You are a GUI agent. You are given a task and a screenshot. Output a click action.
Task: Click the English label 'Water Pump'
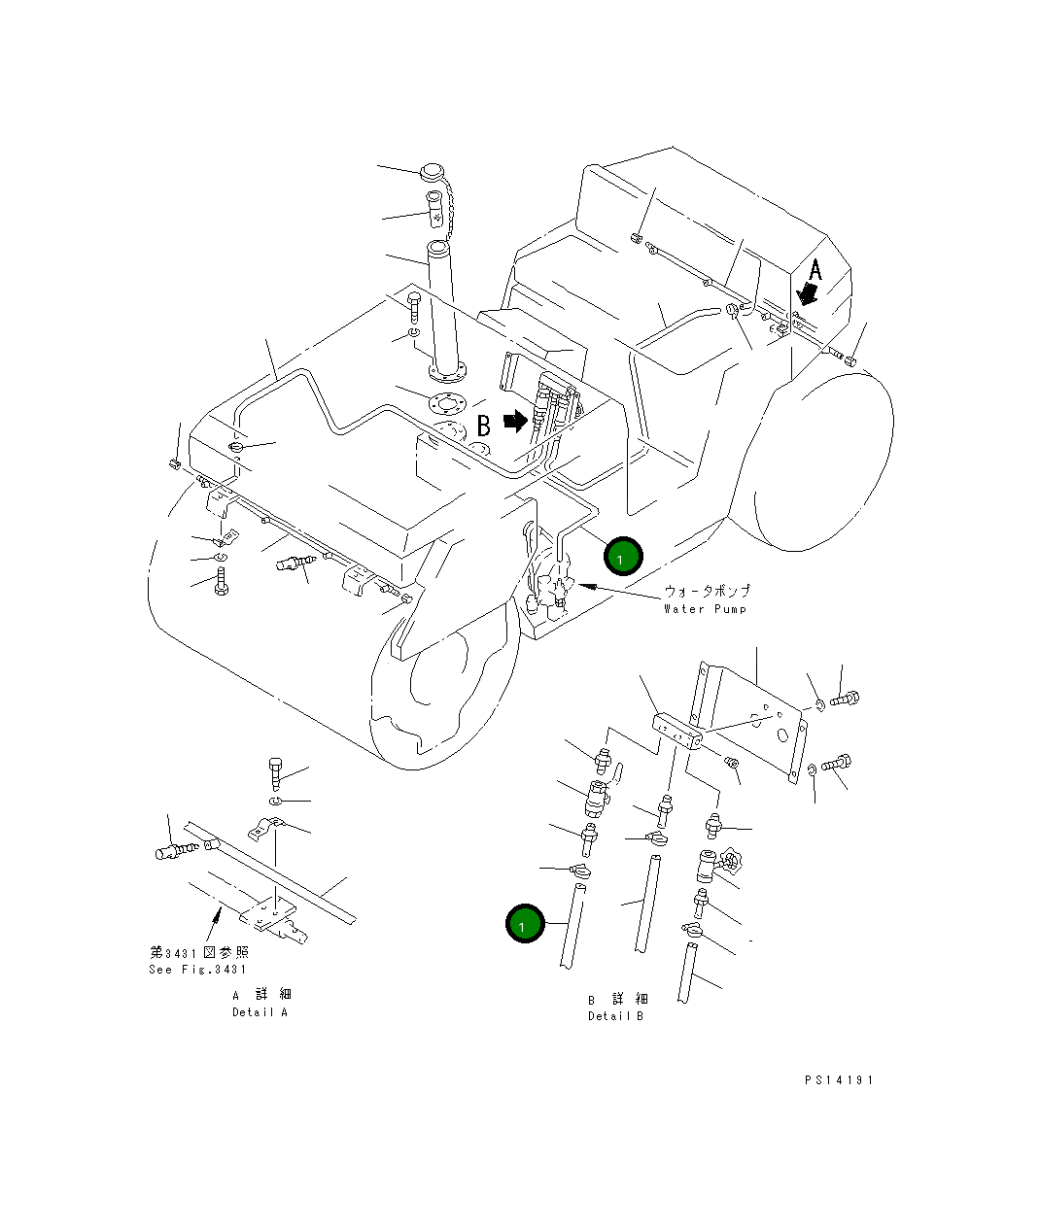pos(705,609)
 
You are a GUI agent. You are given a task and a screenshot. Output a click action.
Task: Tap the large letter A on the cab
pos(815,269)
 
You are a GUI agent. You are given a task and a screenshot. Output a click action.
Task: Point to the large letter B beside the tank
pos(483,426)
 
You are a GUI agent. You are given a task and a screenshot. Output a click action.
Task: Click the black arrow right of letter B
pos(515,421)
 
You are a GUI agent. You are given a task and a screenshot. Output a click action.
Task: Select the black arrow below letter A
pos(806,292)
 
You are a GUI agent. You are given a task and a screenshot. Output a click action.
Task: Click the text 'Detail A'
pos(260,1012)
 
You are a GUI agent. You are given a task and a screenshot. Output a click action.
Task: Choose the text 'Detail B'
pos(615,1016)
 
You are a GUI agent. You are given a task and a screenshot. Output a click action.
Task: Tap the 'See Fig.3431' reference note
pos(198,970)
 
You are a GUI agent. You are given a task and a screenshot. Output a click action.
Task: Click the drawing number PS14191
pos(839,1079)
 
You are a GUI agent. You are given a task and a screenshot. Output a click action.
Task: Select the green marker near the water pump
pos(622,558)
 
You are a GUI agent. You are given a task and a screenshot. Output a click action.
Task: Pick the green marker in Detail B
pos(524,924)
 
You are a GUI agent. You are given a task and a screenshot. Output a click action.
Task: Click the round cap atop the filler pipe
pos(432,175)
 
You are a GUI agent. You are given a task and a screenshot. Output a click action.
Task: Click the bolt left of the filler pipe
pos(414,308)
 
